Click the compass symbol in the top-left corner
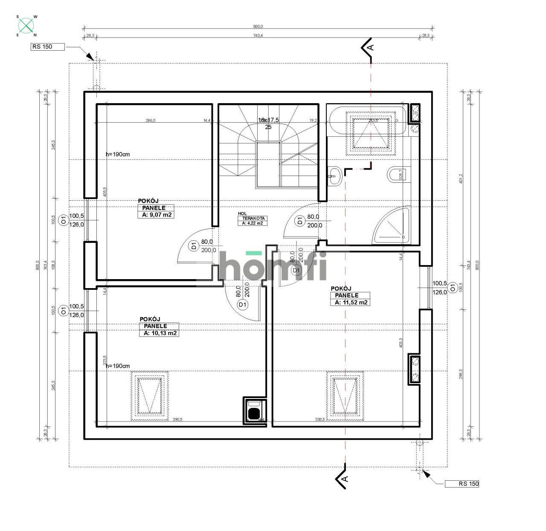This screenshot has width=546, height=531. [x=26, y=26]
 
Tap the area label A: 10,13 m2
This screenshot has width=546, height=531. [x=158, y=333]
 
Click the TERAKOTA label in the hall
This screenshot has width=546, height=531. [x=251, y=218]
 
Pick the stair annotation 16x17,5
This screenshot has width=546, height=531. [x=268, y=120]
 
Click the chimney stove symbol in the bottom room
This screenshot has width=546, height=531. [x=254, y=411]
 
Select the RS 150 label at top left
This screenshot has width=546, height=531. [x=47, y=47]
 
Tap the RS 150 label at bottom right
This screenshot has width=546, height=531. [x=462, y=484]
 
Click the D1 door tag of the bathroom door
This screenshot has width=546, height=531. [x=300, y=221]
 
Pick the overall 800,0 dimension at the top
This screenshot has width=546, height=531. [x=258, y=26]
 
